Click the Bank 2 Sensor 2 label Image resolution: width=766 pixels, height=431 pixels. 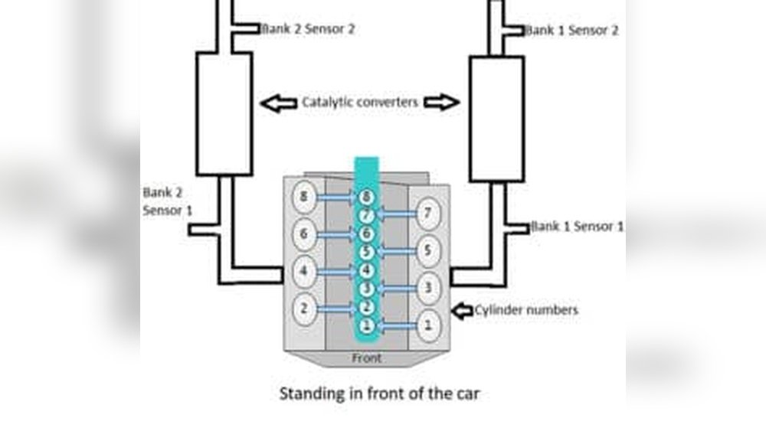click(308, 28)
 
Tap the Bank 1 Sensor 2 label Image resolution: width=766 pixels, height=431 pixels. click(572, 31)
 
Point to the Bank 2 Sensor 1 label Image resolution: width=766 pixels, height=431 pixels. click(166, 201)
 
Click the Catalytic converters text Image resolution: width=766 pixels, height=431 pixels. click(360, 103)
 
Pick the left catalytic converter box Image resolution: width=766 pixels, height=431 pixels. click(224, 113)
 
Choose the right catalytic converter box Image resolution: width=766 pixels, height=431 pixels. click(496, 119)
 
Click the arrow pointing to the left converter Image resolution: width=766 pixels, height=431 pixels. click(278, 103)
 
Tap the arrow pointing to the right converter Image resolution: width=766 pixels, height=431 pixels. click(441, 103)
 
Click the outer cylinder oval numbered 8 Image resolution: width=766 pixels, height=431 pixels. click(304, 198)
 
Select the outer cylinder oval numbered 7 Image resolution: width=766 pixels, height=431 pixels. click(428, 212)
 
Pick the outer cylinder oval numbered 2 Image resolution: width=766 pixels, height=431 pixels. click(304, 309)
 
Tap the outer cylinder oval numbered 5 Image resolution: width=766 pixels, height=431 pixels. click(428, 250)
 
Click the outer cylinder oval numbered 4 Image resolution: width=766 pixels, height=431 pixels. click(304, 270)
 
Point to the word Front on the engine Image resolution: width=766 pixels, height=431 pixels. click(366, 358)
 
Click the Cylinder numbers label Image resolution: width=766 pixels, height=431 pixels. click(525, 310)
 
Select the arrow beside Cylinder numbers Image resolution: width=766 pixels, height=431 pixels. click(462, 311)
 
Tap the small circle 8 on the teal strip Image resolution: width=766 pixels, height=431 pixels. click(367, 198)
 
